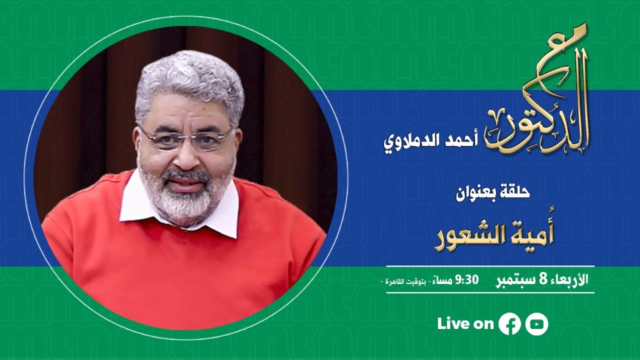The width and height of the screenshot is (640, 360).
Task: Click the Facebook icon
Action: coord(509,324)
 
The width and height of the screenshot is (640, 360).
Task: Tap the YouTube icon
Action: coord(537,324)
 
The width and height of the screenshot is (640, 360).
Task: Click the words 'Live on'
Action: coord(465,324)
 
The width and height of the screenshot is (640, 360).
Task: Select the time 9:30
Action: coord(467,279)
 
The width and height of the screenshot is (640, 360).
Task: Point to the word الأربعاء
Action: coord(568,279)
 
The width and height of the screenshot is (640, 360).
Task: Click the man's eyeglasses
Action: coord(186,138)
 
